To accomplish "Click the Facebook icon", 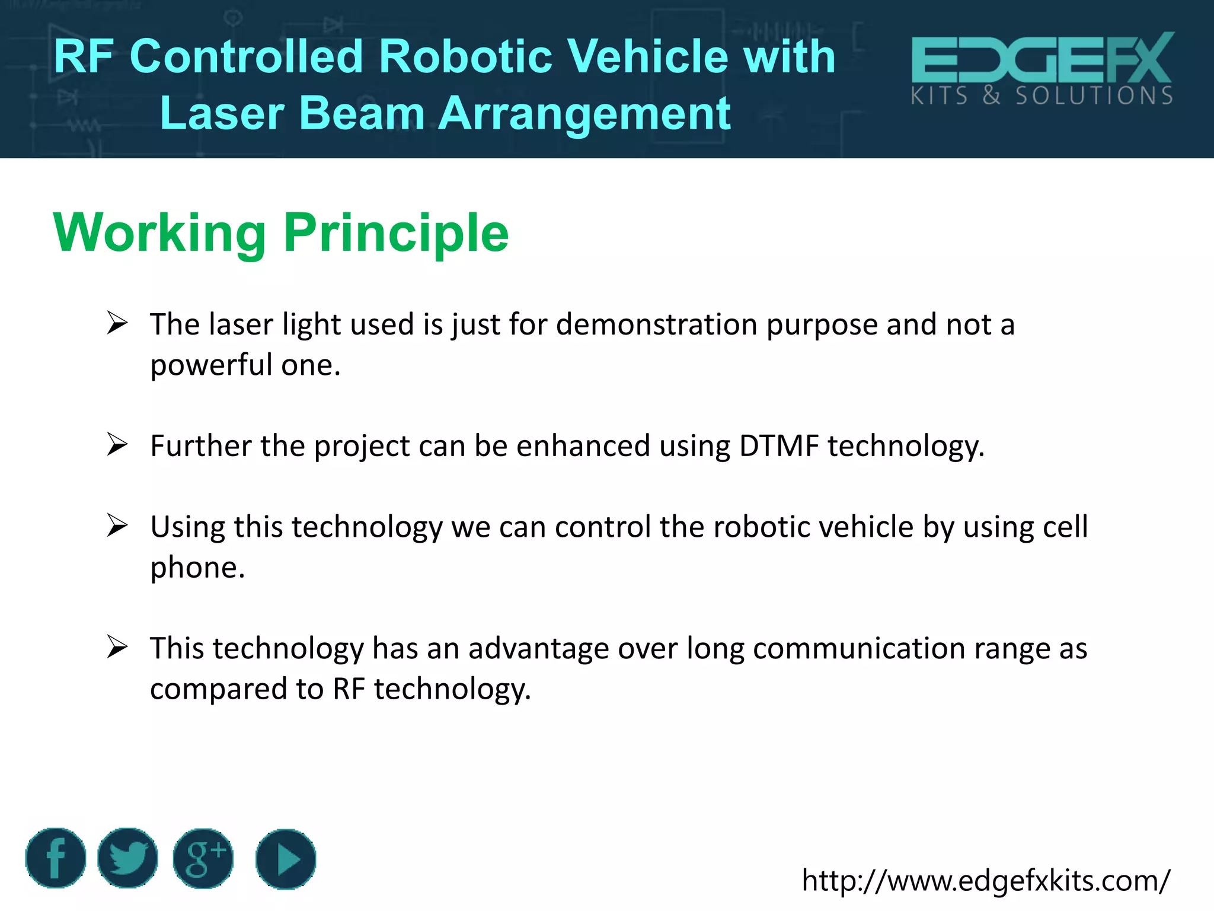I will [x=56, y=858].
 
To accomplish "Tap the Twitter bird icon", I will [x=127, y=858].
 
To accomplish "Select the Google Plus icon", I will [x=203, y=858].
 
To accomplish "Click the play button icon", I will [x=286, y=859].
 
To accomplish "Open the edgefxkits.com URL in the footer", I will [x=986, y=880].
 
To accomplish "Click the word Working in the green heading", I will [x=159, y=233].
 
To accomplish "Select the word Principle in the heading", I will [x=396, y=233].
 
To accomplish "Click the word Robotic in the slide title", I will [x=465, y=56].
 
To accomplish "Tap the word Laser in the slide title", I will [x=222, y=113].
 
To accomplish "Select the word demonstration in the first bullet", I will [x=656, y=324].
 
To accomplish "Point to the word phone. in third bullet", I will [x=197, y=568].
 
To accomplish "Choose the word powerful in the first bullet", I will [x=211, y=365].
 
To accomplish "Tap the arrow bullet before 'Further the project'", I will [x=117, y=445].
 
